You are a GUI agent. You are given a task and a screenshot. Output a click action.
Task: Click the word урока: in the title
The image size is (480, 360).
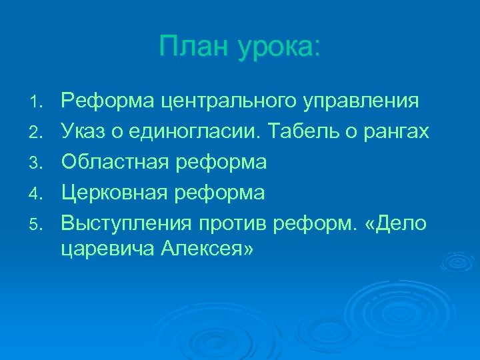point(276,48)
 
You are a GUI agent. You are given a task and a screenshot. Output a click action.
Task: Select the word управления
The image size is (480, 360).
point(361,102)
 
